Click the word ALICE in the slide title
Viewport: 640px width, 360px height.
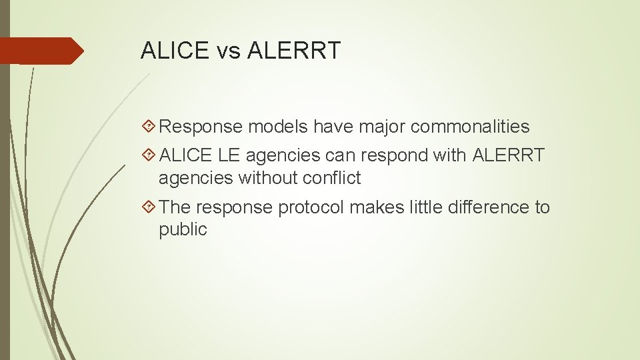(175, 50)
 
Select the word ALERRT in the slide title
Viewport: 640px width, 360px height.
(293, 50)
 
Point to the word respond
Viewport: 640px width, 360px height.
(391, 155)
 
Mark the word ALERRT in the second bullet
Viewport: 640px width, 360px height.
(508, 155)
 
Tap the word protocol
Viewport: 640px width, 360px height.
(311, 207)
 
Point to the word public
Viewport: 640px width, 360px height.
(183, 230)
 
